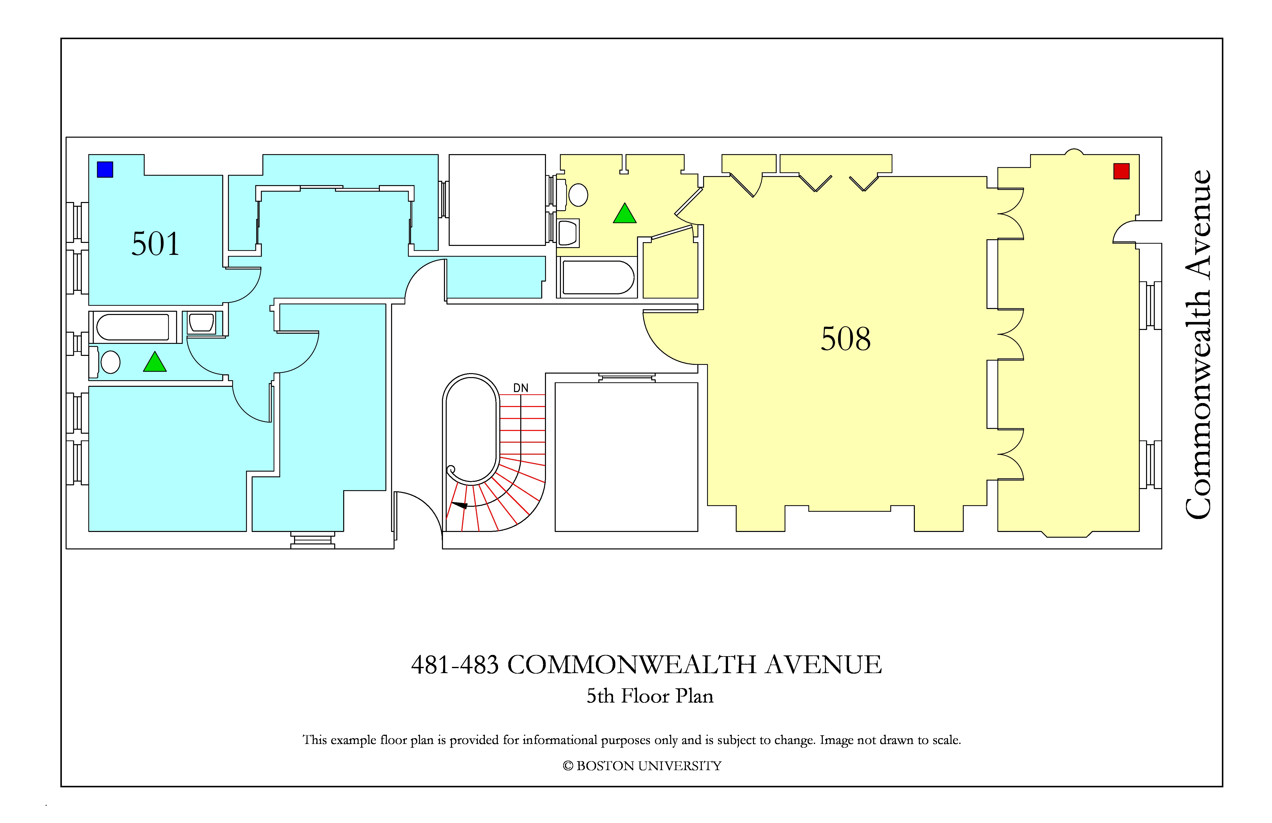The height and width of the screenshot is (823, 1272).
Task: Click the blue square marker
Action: (x=105, y=169)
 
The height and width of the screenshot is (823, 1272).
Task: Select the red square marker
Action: (x=1121, y=171)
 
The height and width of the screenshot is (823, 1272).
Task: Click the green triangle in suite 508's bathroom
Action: (x=624, y=214)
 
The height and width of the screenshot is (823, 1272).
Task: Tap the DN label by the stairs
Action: (x=521, y=388)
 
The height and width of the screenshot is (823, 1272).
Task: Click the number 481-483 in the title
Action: (x=455, y=665)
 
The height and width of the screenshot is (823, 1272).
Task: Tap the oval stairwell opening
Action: (x=471, y=429)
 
